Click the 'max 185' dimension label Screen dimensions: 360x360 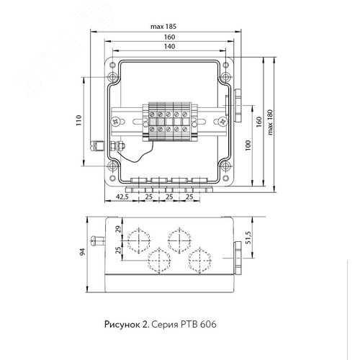click(x=163, y=27)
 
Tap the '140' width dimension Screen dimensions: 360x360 click(x=169, y=46)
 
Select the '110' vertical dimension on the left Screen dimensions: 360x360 click(x=78, y=120)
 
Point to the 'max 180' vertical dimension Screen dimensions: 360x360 click(x=270, y=122)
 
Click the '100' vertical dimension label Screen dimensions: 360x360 click(x=248, y=145)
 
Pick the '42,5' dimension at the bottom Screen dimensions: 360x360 click(x=122, y=197)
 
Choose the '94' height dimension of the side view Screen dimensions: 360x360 click(x=82, y=252)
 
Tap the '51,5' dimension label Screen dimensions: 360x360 click(x=248, y=238)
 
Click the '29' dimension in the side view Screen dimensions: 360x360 click(x=118, y=229)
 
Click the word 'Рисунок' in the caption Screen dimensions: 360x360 click(x=122, y=325)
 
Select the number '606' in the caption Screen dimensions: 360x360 click(x=208, y=324)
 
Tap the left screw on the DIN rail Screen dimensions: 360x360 click(x=115, y=122)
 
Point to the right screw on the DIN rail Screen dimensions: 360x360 click(x=223, y=122)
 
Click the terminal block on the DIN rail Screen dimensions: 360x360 click(x=170, y=122)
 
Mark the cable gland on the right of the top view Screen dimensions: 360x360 click(x=238, y=106)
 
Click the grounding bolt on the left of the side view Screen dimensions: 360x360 click(x=98, y=241)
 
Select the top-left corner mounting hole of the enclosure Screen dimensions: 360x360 click(x=112, y=65)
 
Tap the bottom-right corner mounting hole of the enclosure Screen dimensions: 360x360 click(x=225, y=178)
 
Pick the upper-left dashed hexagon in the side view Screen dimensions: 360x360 click(x=139, y=240)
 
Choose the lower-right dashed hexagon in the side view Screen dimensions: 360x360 click(x=199, y=261)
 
